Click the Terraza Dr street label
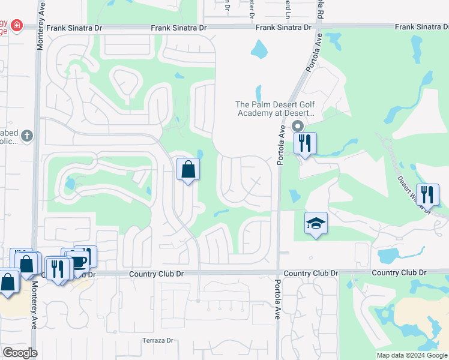click(x=157, y=341)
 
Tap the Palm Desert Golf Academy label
click(x=275, y=109)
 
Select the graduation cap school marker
click(x=316, y=224)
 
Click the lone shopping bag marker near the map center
click(x=188, y=170)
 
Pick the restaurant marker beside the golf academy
click(x=305, y=144)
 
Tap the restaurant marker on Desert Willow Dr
click(x=427, y=194)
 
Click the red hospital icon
click(x=16, y=26)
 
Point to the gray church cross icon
click(x=26, y=136)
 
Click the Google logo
click(x=20, y=353)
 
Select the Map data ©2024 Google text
click(x=412, y=355)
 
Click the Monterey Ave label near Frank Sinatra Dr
click(x=40, y=33)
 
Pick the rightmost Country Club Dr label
click(x=399, y=272)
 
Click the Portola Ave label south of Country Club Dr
click(x=278, y=299)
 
